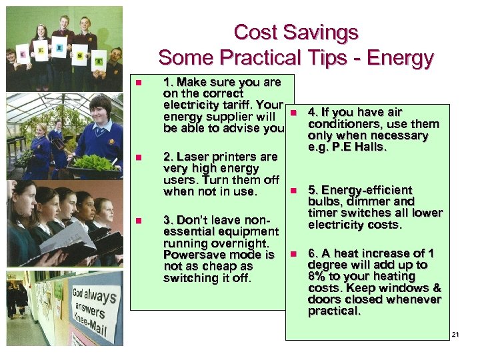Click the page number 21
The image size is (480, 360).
coord(456,334)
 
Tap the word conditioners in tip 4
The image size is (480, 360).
coord(340,124)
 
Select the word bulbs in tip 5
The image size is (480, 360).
coord(323,201)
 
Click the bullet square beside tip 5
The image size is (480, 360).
coord(292,191)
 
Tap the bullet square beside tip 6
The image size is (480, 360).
coord(292,254)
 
